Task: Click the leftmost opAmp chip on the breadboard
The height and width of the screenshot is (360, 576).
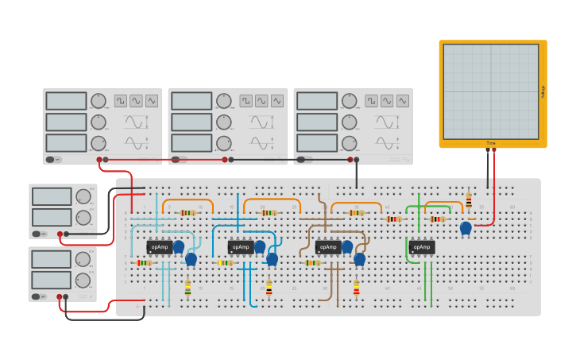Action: (160, 247)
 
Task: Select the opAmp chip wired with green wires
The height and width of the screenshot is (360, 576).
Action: (421, 247)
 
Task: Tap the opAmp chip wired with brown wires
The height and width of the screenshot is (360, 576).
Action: (328, 247)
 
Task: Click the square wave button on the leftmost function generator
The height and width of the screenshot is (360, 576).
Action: (121, 101)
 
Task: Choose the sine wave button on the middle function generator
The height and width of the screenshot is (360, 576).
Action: (261, 101)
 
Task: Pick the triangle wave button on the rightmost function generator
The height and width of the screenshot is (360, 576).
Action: (402, 101)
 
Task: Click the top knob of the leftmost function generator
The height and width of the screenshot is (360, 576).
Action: (99, 101)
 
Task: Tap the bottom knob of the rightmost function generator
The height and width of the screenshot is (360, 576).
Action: (350, 143)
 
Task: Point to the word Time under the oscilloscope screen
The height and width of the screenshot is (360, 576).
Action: (491, 143)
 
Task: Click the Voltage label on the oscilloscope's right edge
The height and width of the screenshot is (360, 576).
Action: (543, 91)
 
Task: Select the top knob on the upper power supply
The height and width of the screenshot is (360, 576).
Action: (83, 196)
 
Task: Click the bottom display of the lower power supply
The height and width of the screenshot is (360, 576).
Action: (52, 280)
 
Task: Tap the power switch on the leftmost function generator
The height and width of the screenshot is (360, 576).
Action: (52, 160)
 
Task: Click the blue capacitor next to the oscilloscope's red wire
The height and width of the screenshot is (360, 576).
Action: (466, 229)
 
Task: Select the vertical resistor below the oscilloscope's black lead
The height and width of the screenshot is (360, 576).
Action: (469, 199)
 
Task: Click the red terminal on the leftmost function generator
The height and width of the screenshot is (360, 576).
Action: (99, 160)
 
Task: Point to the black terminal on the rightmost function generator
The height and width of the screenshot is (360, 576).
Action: (357, 160)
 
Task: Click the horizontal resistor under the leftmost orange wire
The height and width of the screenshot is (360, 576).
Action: (187, 213)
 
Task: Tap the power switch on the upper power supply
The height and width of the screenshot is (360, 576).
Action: (37, 234)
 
